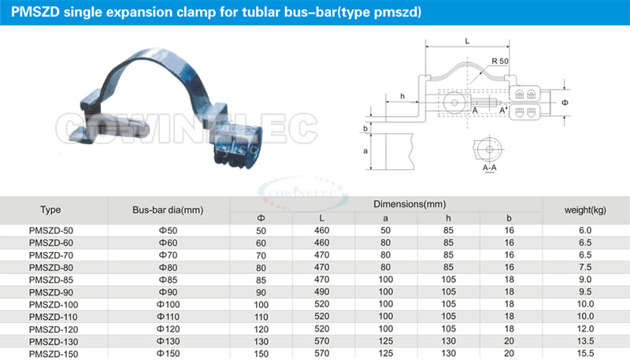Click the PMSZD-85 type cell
[51, 280]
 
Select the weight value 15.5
[585, 354]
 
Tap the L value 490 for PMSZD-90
[322, 292]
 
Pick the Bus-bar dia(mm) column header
[168, 210]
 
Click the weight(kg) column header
[585, 210]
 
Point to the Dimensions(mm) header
[409, 204]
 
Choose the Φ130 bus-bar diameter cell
[168, 342]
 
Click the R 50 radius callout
[500, 61]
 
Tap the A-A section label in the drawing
[489, 168]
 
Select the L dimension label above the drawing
[467, 41]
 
